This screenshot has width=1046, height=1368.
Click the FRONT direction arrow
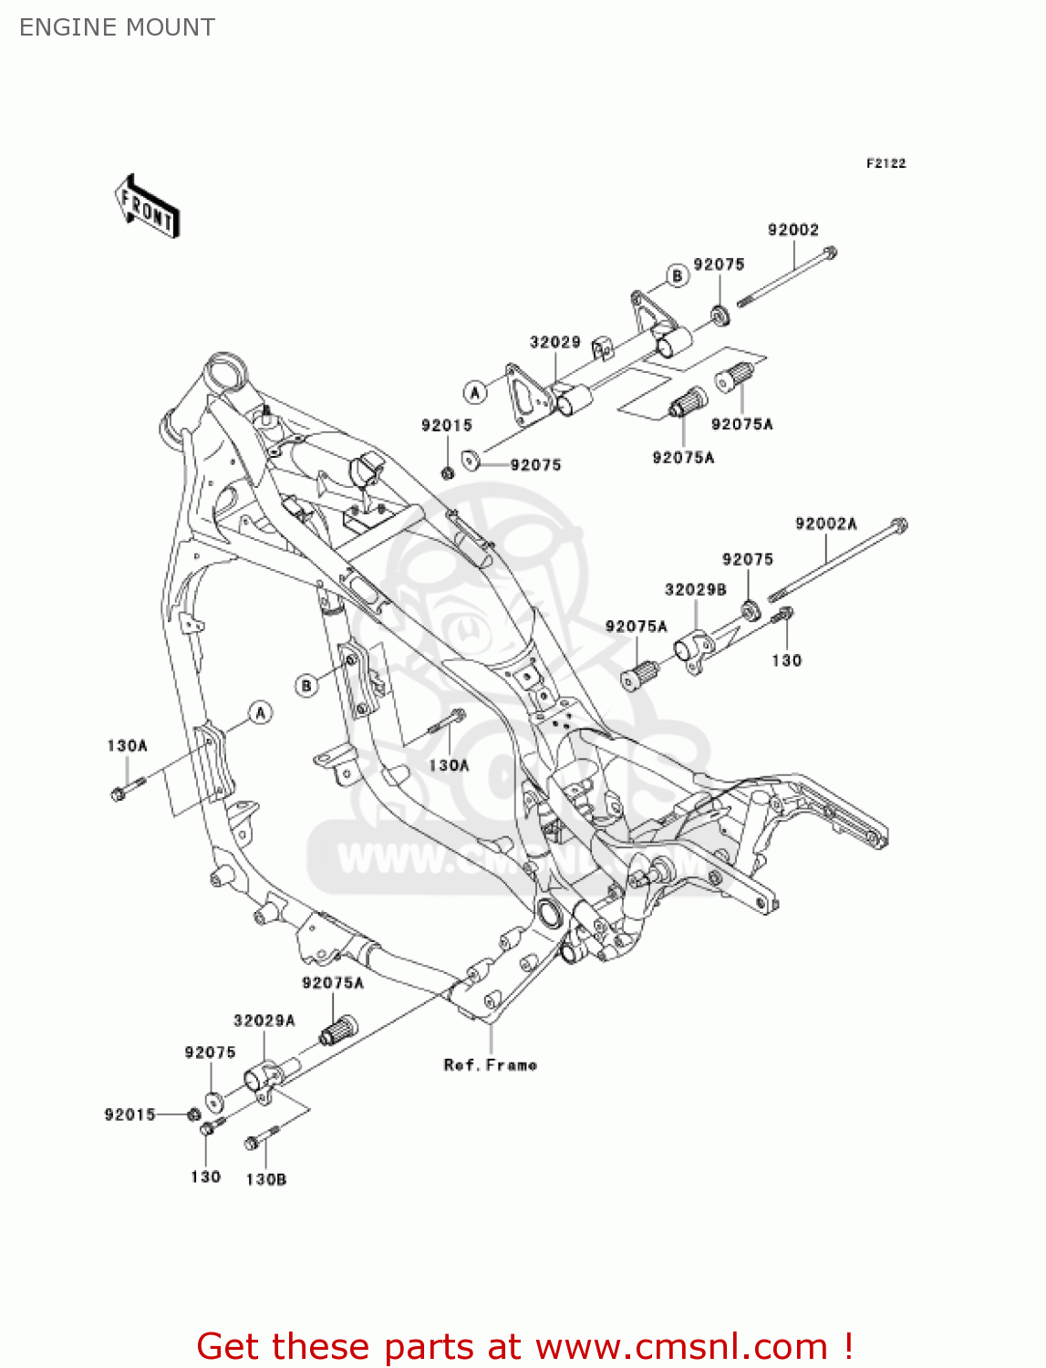pyautogui.click(x=147, y=206)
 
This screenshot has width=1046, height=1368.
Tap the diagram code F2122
pyautogui.click(x=885, y=163)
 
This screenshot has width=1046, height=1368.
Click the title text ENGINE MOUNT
pyautogui.click(x=117, y=27)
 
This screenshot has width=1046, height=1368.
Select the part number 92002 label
pyautogui.click(x=792, y=230)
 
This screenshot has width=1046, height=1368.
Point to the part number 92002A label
pyautogui.click(x=825, y=523)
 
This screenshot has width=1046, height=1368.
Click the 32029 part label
pyautogui.click(x=554, y=342)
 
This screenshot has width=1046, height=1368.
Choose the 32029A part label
pyautogui.click(x=264, y=1021)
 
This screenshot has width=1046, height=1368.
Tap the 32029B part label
pyautogui.click(x=695, y=589)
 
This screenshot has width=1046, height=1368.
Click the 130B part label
pyautogui.click(x=265, y=1179)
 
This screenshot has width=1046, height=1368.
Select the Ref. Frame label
pyautogui.click(x=490, y=1064)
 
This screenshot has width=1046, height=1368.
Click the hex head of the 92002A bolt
pyautogui.click(x=899, y=524)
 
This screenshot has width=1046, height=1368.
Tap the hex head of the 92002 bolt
pyautogui.click(x=829, y=253)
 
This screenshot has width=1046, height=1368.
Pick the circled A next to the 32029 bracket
pyautogui.click(x=474, y=392)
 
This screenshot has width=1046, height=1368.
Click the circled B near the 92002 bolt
pyautogui.click(x=677, y=275)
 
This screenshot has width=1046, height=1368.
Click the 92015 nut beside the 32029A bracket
pyautogui.click(x=193, y=1114)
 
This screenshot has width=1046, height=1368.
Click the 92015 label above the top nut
pyautogui.click(x=446, y=425)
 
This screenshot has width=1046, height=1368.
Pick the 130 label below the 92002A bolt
pyautogui.click(x=786, y=660)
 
